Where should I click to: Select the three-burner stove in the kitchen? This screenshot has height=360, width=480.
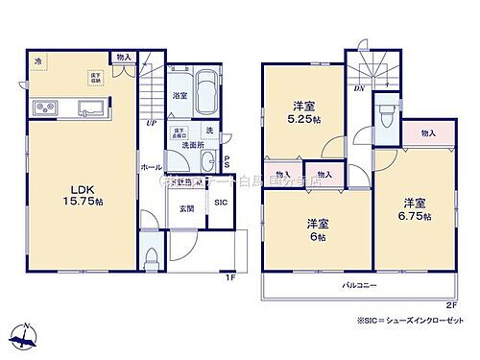pos(45,105)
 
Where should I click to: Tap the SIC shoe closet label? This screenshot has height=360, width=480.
pos(220,203)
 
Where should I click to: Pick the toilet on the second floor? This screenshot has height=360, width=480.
pos(386,117)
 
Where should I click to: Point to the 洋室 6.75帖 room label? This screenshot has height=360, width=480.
pos(416,209)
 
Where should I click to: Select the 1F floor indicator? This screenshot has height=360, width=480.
pos(230,278)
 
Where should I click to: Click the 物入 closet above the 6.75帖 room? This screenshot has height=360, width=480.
pos(427,133)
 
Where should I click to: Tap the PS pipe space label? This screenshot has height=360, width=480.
pos(227,162)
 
